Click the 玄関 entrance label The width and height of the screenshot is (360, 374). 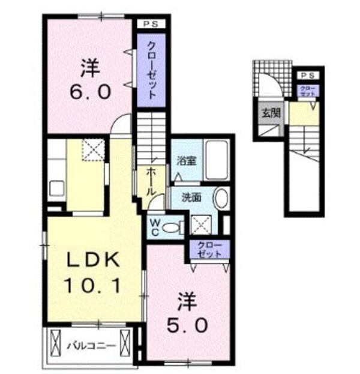coord(268,113)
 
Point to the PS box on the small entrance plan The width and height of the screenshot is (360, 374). coord(307,75)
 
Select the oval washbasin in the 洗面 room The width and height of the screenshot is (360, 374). coord(221,198)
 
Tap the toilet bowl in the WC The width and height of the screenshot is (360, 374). coord(173,227)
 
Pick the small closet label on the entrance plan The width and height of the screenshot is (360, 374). coord(307,92)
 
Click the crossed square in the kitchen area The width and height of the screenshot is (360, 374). coord(93,149)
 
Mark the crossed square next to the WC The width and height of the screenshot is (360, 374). coord(200,226)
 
